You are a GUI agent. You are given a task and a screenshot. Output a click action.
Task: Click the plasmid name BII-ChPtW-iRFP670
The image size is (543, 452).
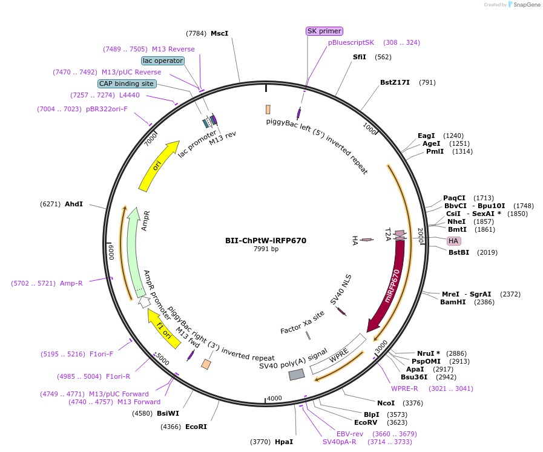coord(266,240)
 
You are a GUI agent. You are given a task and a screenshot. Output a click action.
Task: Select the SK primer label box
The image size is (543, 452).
coord(324,31)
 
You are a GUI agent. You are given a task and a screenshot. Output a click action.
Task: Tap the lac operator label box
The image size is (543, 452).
coord(162,61)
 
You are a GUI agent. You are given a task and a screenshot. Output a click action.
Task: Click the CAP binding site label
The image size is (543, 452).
coord(127,84)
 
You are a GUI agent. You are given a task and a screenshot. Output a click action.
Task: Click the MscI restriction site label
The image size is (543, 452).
coord(219,33)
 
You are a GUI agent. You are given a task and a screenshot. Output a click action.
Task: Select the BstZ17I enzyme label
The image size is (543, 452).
coord(395,82)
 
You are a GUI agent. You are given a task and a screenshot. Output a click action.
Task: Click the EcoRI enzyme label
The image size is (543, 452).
coord(196,427)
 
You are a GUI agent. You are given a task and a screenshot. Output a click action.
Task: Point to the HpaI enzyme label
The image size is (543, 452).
coord(283,442)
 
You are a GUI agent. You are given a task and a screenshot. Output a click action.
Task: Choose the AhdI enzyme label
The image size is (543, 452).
coord(74,204)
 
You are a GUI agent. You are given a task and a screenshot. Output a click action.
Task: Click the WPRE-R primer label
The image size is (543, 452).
coord(404,388)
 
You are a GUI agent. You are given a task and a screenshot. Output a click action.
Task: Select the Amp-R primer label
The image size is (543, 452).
coord(71,283)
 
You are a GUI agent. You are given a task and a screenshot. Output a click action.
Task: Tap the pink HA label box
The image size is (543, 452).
coord(453,241)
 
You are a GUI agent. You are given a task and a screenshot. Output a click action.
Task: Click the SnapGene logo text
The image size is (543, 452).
coord(524,5)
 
